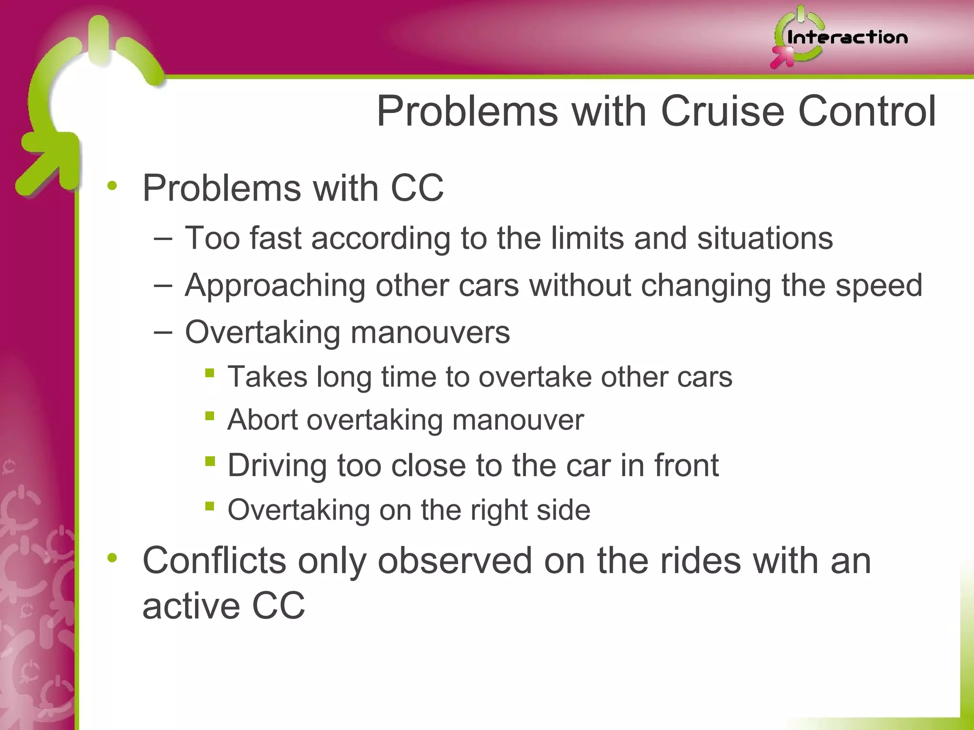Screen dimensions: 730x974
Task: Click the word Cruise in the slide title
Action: [x=722, y=111]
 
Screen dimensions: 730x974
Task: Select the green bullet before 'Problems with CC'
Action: [x=112, y=186]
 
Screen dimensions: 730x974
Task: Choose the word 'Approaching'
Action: [x=274, y=286]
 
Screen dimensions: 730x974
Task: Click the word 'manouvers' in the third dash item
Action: [x=430, y=332]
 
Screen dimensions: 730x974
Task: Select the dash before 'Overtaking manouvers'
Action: [x=163, y=332]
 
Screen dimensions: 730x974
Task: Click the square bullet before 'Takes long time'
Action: [x=209, y=373]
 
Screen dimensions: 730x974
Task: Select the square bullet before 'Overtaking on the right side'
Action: [x=209, y=506]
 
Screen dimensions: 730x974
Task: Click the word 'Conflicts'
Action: [x=214, y=561]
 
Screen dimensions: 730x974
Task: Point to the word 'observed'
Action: [x=455, y=561]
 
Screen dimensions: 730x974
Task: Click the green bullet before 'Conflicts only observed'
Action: [x=112, y=558]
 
